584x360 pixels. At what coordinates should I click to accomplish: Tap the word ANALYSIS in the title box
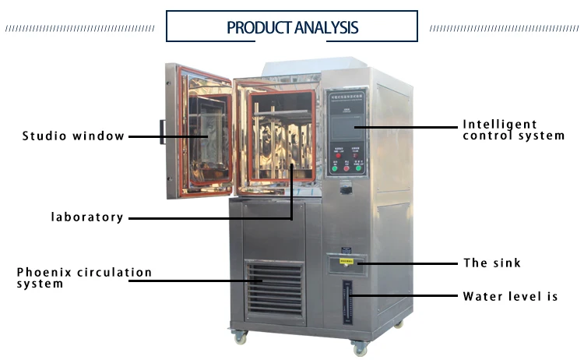click(326, 28)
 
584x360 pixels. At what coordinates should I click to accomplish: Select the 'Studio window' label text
click(73, 136)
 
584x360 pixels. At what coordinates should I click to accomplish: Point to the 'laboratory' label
click(87, 217)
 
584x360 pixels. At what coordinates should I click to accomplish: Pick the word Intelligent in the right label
click(500, 124)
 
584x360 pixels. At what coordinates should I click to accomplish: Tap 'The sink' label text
click(492, 263)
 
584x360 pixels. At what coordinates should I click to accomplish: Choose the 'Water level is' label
click(510, 296)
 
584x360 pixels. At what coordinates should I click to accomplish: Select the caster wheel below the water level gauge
click(359, 348)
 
